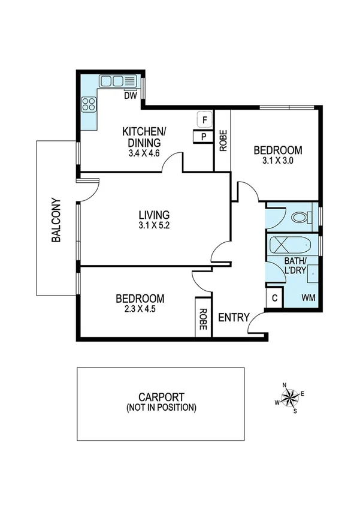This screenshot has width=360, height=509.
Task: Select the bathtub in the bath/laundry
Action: [x=289, y=246]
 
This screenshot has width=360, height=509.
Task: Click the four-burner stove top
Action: [x=89, y=105]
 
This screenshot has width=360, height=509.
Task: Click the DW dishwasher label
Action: [x=130, y=95]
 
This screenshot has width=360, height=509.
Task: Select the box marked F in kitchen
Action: [x=204, y=120]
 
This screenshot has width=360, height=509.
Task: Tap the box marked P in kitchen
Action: [x=204, y=137]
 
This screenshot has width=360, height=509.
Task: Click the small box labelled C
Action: [x=274, y=298]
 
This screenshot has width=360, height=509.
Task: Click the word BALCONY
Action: [x=56, y=220]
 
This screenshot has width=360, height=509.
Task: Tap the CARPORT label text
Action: [x=161, y=397]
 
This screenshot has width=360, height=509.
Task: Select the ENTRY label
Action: [x=233, y=317]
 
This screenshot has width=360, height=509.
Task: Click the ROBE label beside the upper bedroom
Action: [x=223, y=141]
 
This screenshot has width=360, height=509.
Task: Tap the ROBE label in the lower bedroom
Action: [x=203, y=320]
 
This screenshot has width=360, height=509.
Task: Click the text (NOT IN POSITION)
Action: [x=161, y=408]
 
